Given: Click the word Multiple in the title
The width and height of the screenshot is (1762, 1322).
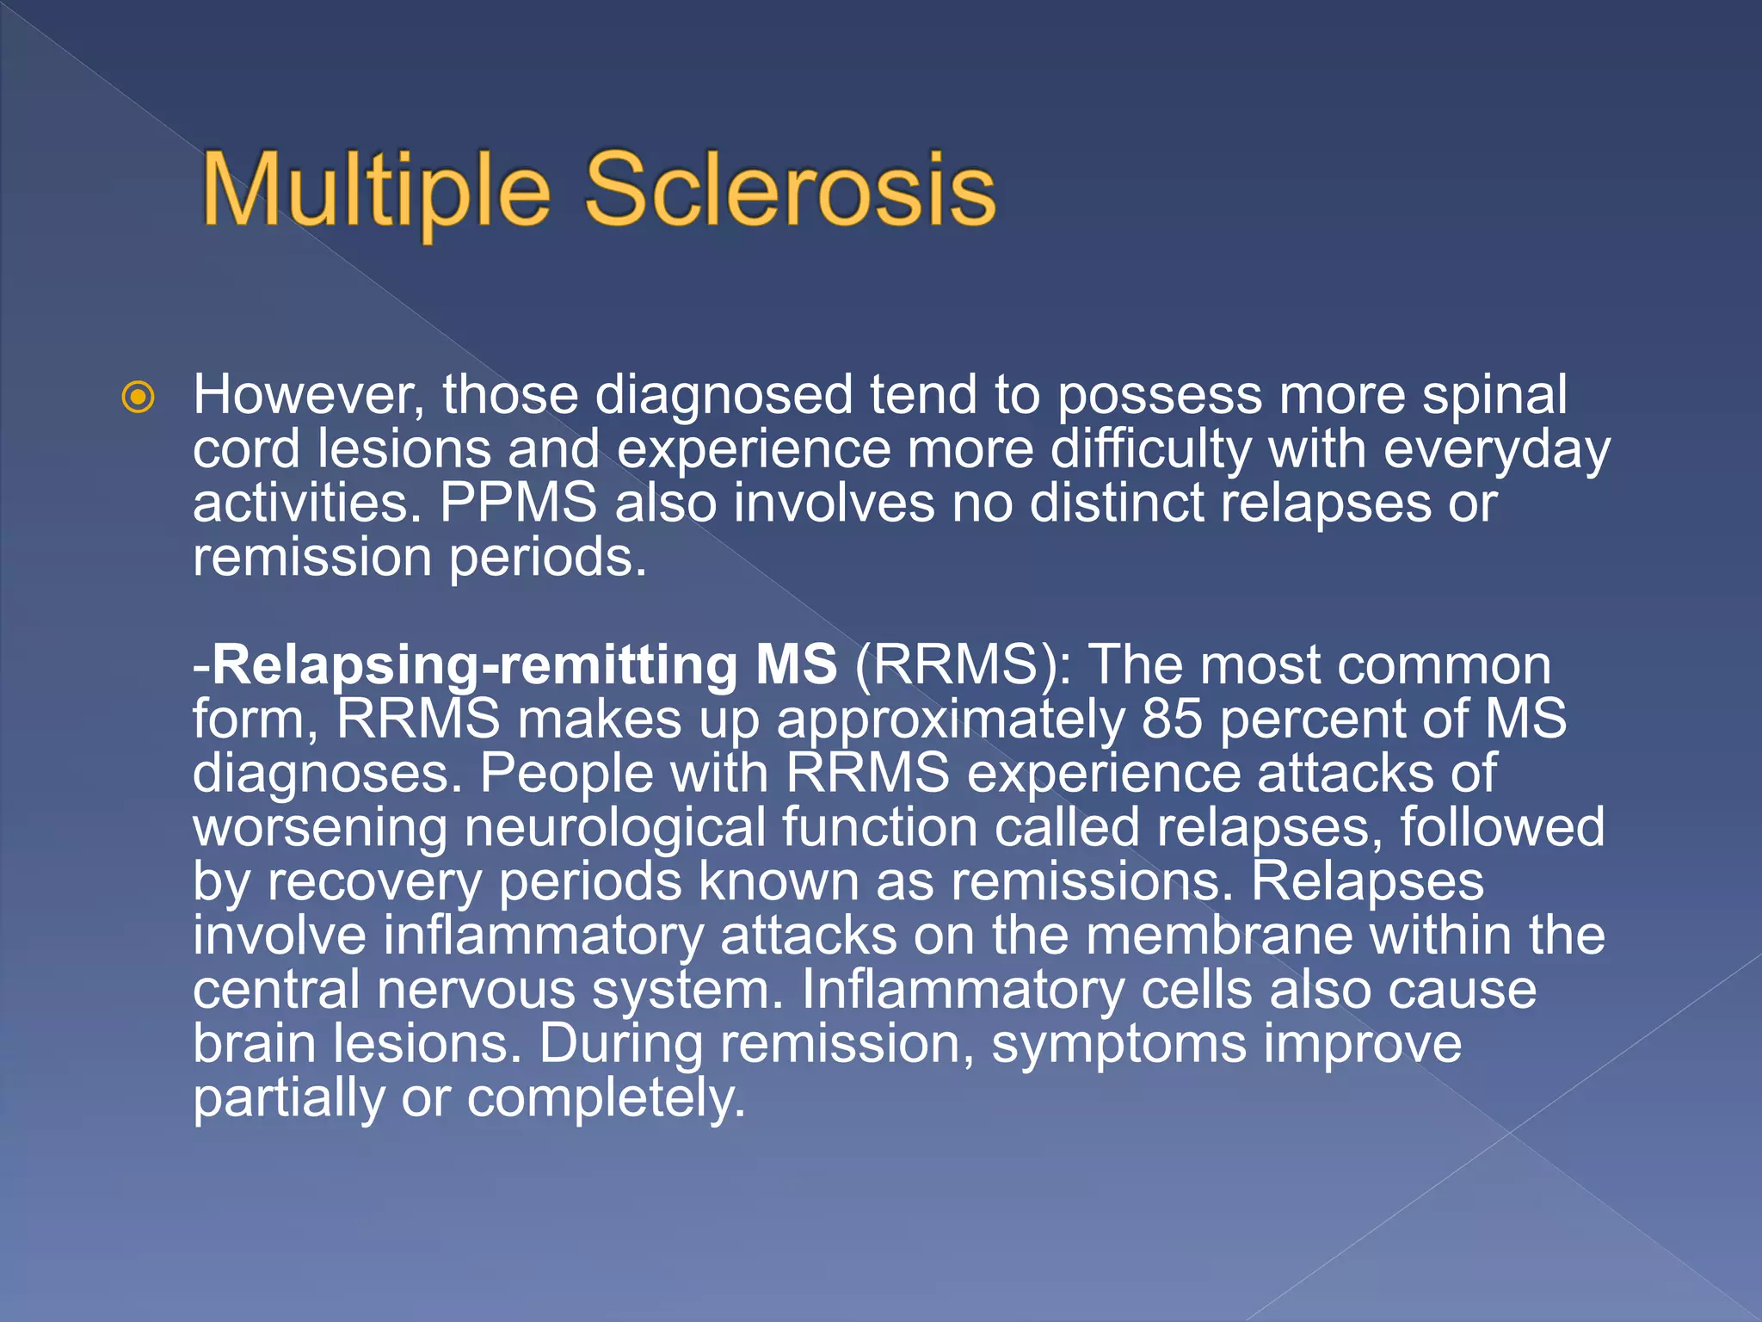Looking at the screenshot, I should tap(375, 191).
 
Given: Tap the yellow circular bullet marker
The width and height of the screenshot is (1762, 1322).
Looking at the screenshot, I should tap(139, 398).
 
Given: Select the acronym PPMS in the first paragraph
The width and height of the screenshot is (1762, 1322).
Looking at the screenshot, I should tap(518, 503).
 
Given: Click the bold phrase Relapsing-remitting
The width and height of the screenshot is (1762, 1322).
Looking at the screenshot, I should tap(473, 665).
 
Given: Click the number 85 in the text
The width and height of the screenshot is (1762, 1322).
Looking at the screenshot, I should tap(1171, 720).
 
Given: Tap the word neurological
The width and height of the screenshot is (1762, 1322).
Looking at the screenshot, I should tap(614, 828).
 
